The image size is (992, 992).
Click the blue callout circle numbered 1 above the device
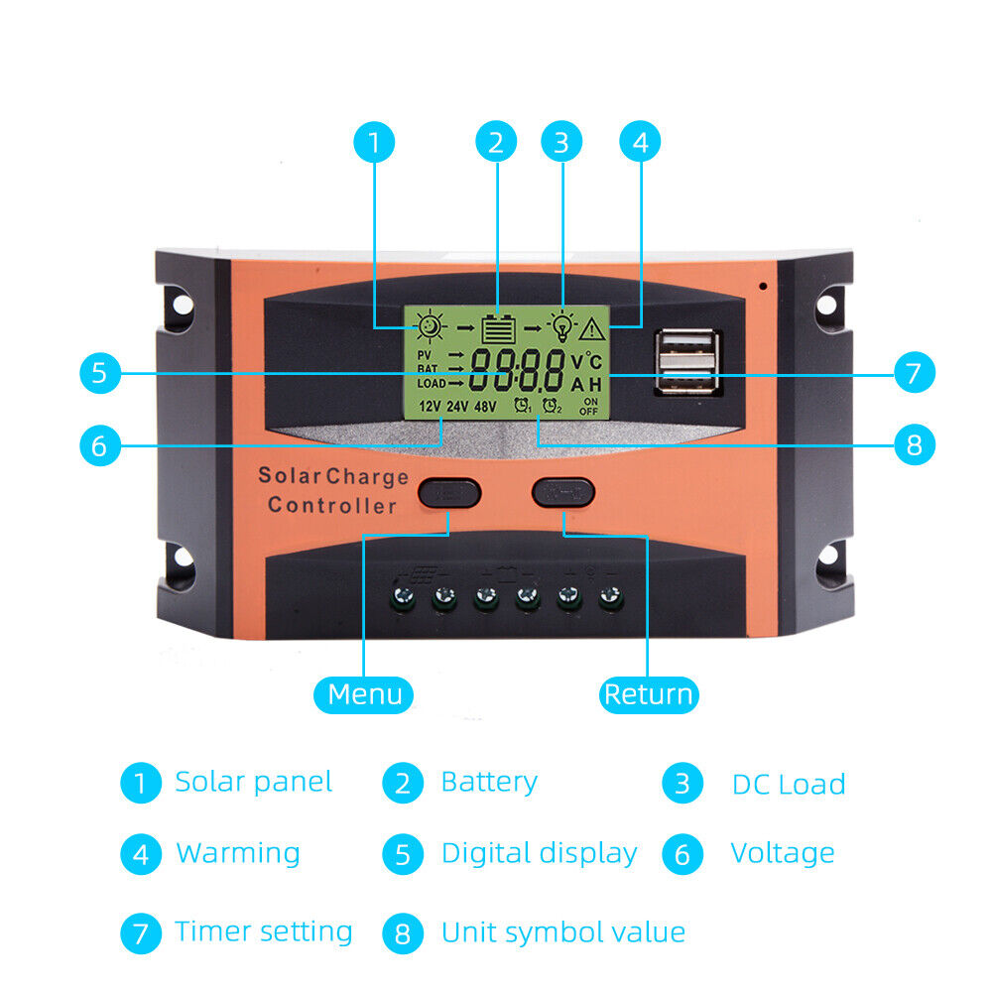pos(373,143)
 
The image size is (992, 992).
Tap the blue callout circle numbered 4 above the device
pos(640,143)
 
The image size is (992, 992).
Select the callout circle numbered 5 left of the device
pos(98,374)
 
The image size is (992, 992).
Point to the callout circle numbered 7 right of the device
pos(914,374)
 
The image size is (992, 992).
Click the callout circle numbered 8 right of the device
pos(914,445)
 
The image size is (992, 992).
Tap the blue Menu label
pos(364,694)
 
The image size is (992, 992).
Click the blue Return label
pos(649,694)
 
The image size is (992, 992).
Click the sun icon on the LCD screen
pos(430,325)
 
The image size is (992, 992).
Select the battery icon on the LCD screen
pos(498,327)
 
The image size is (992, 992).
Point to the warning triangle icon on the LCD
pos(593,328)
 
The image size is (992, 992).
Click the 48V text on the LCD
pos(485,406)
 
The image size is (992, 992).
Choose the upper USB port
pos(688,347)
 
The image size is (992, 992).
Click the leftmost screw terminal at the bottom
pos(405,597)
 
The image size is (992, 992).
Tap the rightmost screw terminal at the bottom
pos(606,597)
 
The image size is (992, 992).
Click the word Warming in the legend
pos(237,853)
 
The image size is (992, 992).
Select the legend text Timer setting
pos(263,931)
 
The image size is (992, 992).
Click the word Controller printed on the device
pos(332,506)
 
